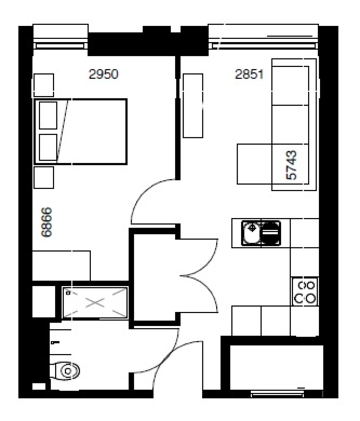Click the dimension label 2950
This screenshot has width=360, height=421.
pos(103,74)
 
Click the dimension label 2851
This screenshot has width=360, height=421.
pos(249,74)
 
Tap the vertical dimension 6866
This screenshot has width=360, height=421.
pos(47,222)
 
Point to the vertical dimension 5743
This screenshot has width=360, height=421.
pos(292,165)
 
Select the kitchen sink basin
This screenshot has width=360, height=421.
pos(251,233)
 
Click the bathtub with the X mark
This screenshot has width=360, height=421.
pos(95,302)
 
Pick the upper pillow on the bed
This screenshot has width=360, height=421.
pos(48,115)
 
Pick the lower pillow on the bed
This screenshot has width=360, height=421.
pos(48,147)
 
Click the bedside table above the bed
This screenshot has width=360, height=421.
pos(44,85)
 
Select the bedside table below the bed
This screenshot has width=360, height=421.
pos(44,178)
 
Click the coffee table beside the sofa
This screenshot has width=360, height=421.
pos(255,163)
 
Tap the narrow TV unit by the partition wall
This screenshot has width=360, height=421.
pos(193,105)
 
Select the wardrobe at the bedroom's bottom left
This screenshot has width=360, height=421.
pos(61,266)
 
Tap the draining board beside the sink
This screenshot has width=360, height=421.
pos(271,232)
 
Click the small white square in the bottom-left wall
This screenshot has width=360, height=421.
pos(39,386)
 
